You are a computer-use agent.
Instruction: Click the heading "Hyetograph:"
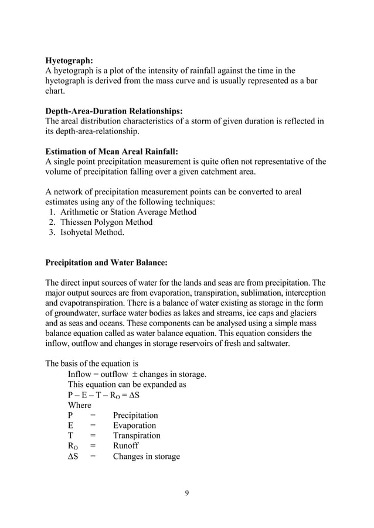pyautogui.click(x=69, y=60)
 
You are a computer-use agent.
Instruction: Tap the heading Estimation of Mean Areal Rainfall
pyautogui.click(x=112, y=152)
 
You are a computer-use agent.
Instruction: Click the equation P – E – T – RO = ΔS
pyautogui.click(x=104, y=395)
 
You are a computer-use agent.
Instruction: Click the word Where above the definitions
pyautogui.click(x=79, y=405)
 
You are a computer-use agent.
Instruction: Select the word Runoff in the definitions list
pyautogui.click(x=126, y=446)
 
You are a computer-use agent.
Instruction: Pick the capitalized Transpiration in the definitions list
pyautogui.click(x=137, y=436)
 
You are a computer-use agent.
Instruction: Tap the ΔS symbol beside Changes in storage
pyautogui.click(x=73, y=457)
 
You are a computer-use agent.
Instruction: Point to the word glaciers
pyautogui.click(x=310, y=313)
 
